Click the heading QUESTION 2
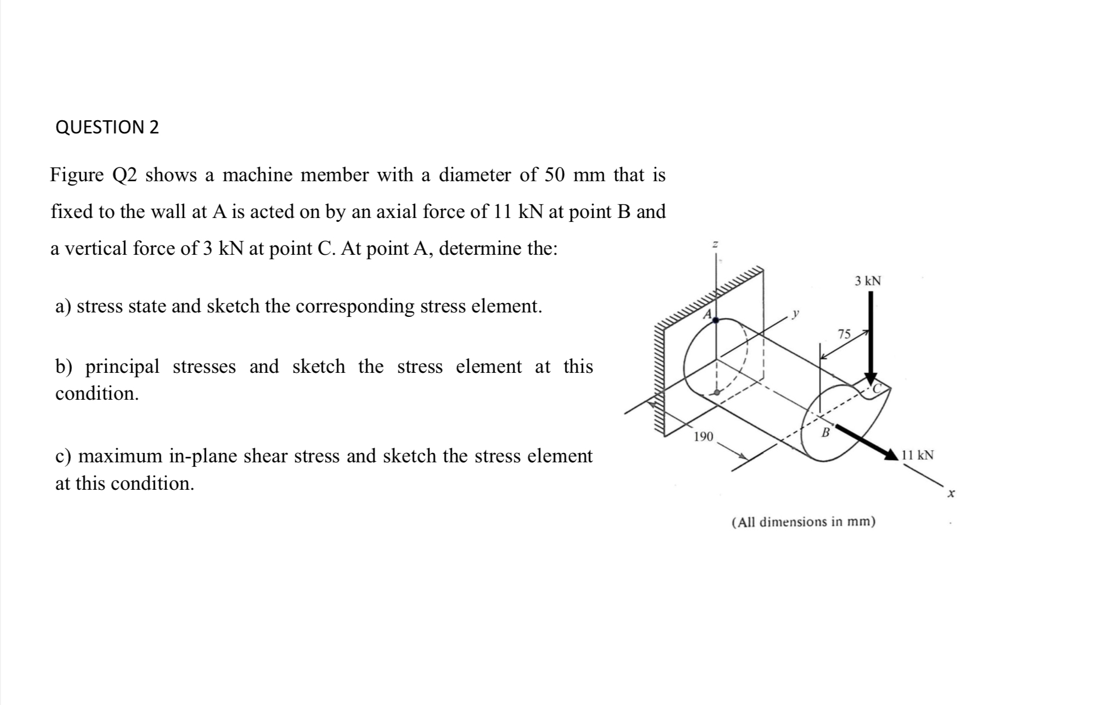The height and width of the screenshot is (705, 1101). pyautogui.click(x=107, y=127)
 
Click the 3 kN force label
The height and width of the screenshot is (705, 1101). pyautogui.click(x=867, y=281)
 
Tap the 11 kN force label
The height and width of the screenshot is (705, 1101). pyautogui.click(x=917, y=455)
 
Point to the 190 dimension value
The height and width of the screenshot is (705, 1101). pyautogui.click(x=703, y=437)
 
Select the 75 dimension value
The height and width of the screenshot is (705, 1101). pyautogui.click(x=844, y=334)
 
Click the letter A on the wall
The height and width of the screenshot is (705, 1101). pyautogui.click(x=708, y=314)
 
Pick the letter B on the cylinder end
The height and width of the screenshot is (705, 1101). pyautogui.click(x=824, y=433)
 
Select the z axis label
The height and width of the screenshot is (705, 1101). pyautogui.click(x=715, y=244)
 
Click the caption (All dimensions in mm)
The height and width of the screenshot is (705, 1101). pyautogui.click(x=804, y=522)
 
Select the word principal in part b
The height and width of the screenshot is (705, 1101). pyautogui.click(x=122, y=366)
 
